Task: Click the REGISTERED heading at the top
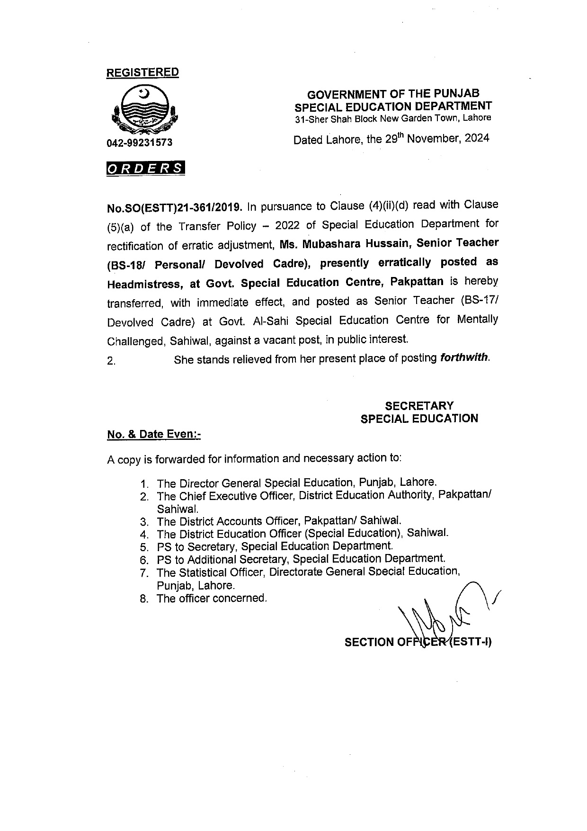pyautogui.click(x=142, y=72)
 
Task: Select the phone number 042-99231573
pyautogui.click(x=139, y=143)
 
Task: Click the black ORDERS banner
pyautogui.click(x=145, y=168)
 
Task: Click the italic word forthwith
pyautogui.click(x=464, y=358)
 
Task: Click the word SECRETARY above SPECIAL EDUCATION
pyautogui.click(x=419, y=406)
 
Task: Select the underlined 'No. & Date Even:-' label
pyautogui.click(x=154, y=434)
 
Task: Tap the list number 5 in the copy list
pyautogui.click(x=144, y=547)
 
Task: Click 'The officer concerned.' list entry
pyautogui.click(x=212, y=599)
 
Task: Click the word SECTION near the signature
pyautogui.click(x=369, y=642)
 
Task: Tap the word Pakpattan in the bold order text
pyautogui.click(x=417, y=282)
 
